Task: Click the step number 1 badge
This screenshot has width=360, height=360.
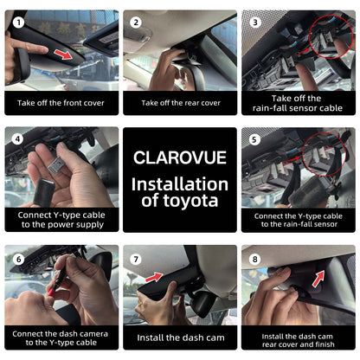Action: click(x=19, y=22)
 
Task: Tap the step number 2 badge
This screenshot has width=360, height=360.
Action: click(x=136, y=22)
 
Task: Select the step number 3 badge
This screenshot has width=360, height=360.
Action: click(x=255, y=22)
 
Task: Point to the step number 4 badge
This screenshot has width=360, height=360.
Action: click(x=17, y=139)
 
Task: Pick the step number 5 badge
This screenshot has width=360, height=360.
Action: click(x=254, y=139)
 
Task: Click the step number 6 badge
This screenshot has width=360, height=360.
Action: click(x=19, y=259)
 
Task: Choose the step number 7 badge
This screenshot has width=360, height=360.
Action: click(x=136, y=260)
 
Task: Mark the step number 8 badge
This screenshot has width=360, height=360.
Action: click(x=255, y=259)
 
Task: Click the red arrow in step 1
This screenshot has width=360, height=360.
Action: click(x=63, y=54)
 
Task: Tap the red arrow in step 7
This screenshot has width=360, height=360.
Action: click(x=154, y=277)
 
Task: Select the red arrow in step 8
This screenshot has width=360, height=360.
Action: click(x=318, y=279)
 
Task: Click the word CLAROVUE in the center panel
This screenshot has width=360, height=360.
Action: click(x=180, y=157)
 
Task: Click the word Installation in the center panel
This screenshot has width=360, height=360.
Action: click(x=180, y=184)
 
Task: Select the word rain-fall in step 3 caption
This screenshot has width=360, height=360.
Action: click(x=269, y=108)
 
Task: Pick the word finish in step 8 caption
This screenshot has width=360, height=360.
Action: click(x=325, y=344)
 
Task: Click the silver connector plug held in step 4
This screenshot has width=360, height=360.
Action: click(x=56, y=166)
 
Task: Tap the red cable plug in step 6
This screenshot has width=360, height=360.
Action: click(x=51, y=292)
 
